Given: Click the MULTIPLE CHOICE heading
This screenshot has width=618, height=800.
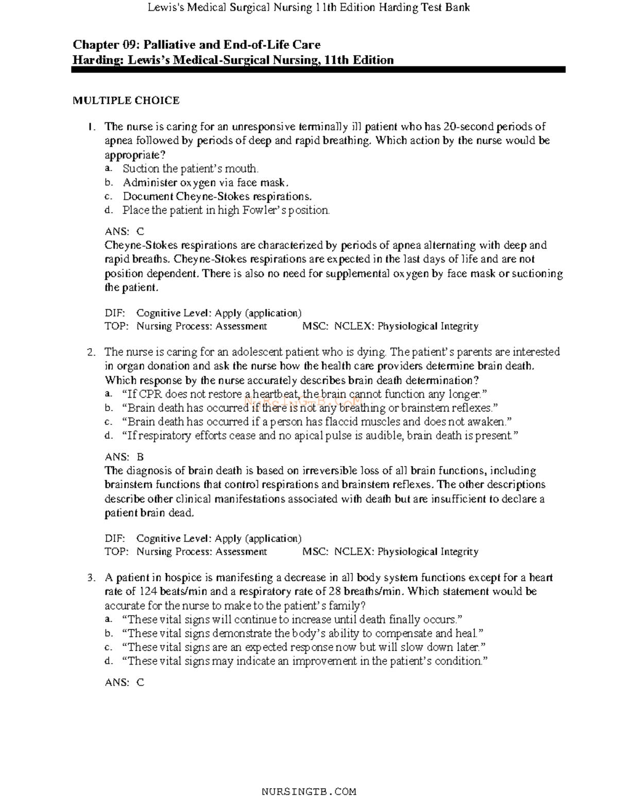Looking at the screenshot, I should (x=126, y=100).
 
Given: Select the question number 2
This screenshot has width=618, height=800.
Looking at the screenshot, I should (x=91, y=352).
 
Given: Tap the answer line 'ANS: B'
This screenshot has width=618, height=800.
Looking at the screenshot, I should (x=124, y=456).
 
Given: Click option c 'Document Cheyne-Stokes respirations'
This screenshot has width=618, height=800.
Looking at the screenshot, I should (x=217, y=196).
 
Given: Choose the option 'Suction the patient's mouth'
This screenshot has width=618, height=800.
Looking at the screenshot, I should (x=190, y=168).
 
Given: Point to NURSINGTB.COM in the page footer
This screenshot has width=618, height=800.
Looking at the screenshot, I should (x=309, y=792).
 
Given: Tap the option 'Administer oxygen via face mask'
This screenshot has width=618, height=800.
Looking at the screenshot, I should (x=205, y=182).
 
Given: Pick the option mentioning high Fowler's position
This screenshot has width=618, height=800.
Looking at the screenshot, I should (x=226, y=210).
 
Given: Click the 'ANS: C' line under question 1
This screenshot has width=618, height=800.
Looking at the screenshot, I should (x=124, y=231).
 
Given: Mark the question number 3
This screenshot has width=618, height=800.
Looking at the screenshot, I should (x=91, y=577).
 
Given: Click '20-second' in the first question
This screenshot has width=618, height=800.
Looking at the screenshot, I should (x=464, y=127).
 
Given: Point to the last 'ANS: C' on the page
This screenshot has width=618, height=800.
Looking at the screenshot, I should (x=124, y=682).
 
